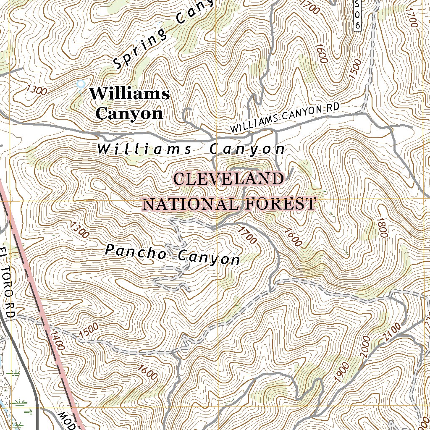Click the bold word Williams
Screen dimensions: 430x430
(129, 94)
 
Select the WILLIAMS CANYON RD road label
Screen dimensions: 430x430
(285, 118)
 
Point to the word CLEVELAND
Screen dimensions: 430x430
(228, 179)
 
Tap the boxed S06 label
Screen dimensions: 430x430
(357, 14)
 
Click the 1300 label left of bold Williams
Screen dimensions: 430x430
(36, 89)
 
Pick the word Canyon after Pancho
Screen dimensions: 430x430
(209, 257)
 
